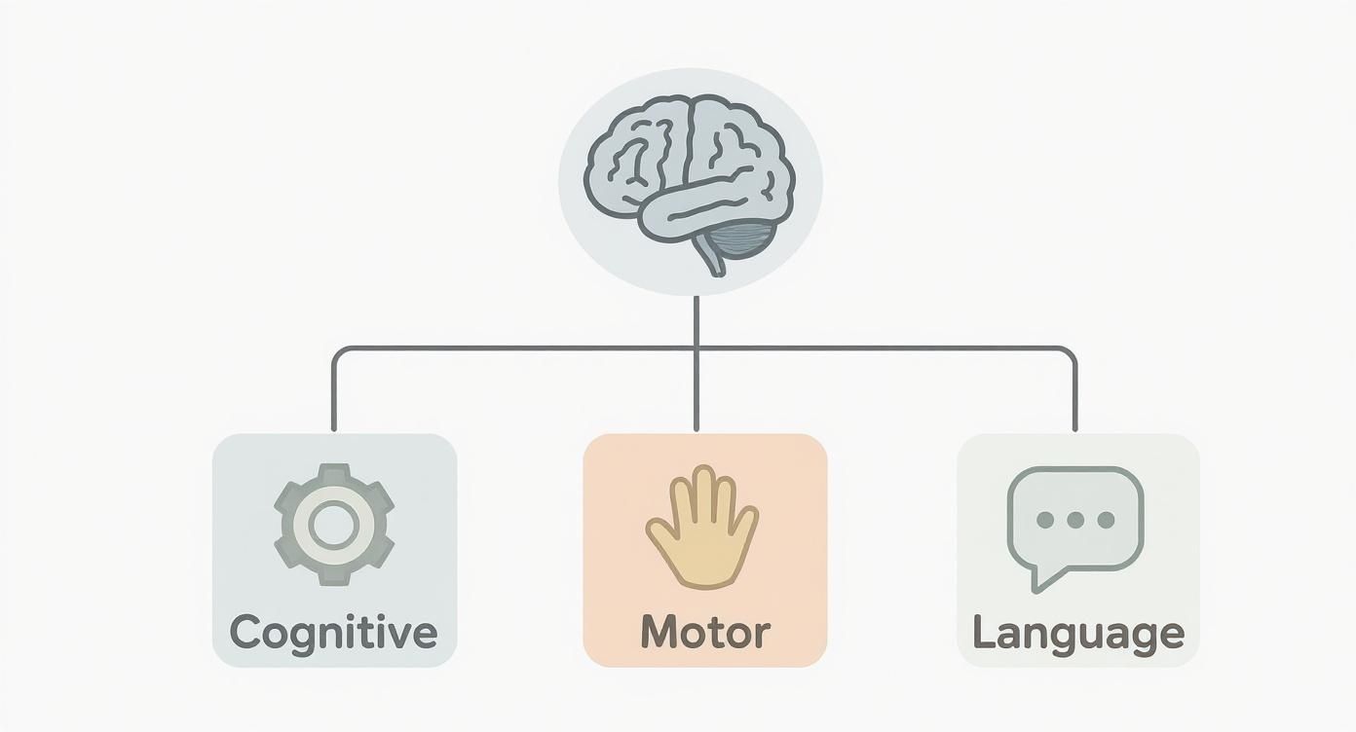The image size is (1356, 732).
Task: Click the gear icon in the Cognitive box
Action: [x=334, y=525]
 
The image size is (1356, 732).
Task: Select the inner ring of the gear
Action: [x=333, y=525]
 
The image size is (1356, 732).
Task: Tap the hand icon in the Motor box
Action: [x=702, y=527]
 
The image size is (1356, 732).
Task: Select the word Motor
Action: [x=705, y=633]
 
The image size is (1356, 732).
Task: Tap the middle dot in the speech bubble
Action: [x=1075, y=519]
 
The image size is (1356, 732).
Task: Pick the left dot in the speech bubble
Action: [x=1045, y=519]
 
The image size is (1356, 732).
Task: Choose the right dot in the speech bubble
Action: [x=1106, y=519]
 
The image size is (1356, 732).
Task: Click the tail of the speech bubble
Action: [x=1043, y=578]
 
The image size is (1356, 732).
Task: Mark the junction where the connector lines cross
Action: [x=697, y=348]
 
